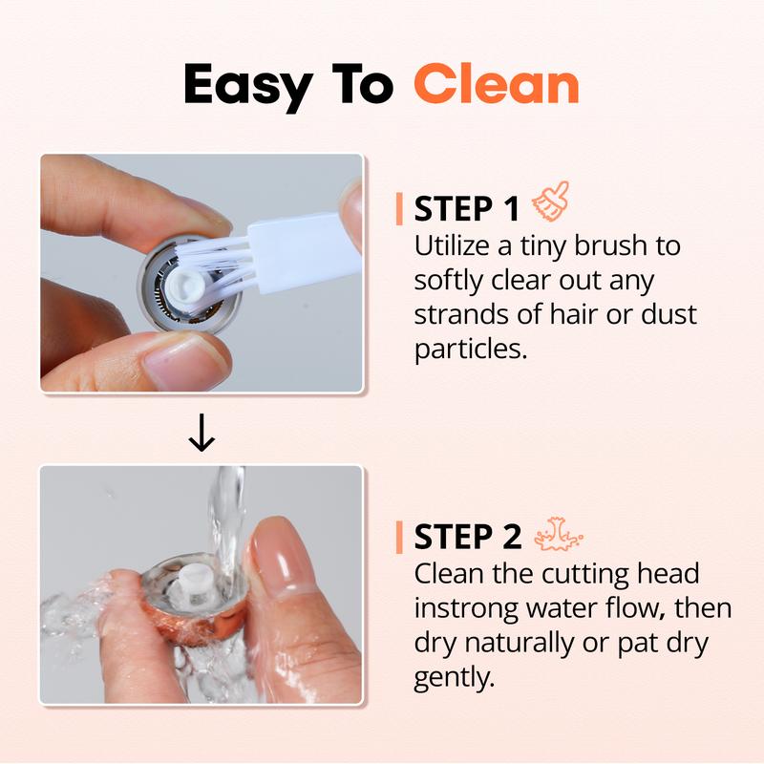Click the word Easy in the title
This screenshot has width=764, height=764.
[246, 86]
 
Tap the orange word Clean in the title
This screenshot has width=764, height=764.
[497, 86]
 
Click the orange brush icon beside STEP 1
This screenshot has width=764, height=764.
[552, 204]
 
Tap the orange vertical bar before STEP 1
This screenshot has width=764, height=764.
[398, 209]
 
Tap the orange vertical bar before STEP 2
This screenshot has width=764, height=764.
[398, 538]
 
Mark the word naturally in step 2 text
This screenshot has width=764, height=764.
[520, 644]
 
